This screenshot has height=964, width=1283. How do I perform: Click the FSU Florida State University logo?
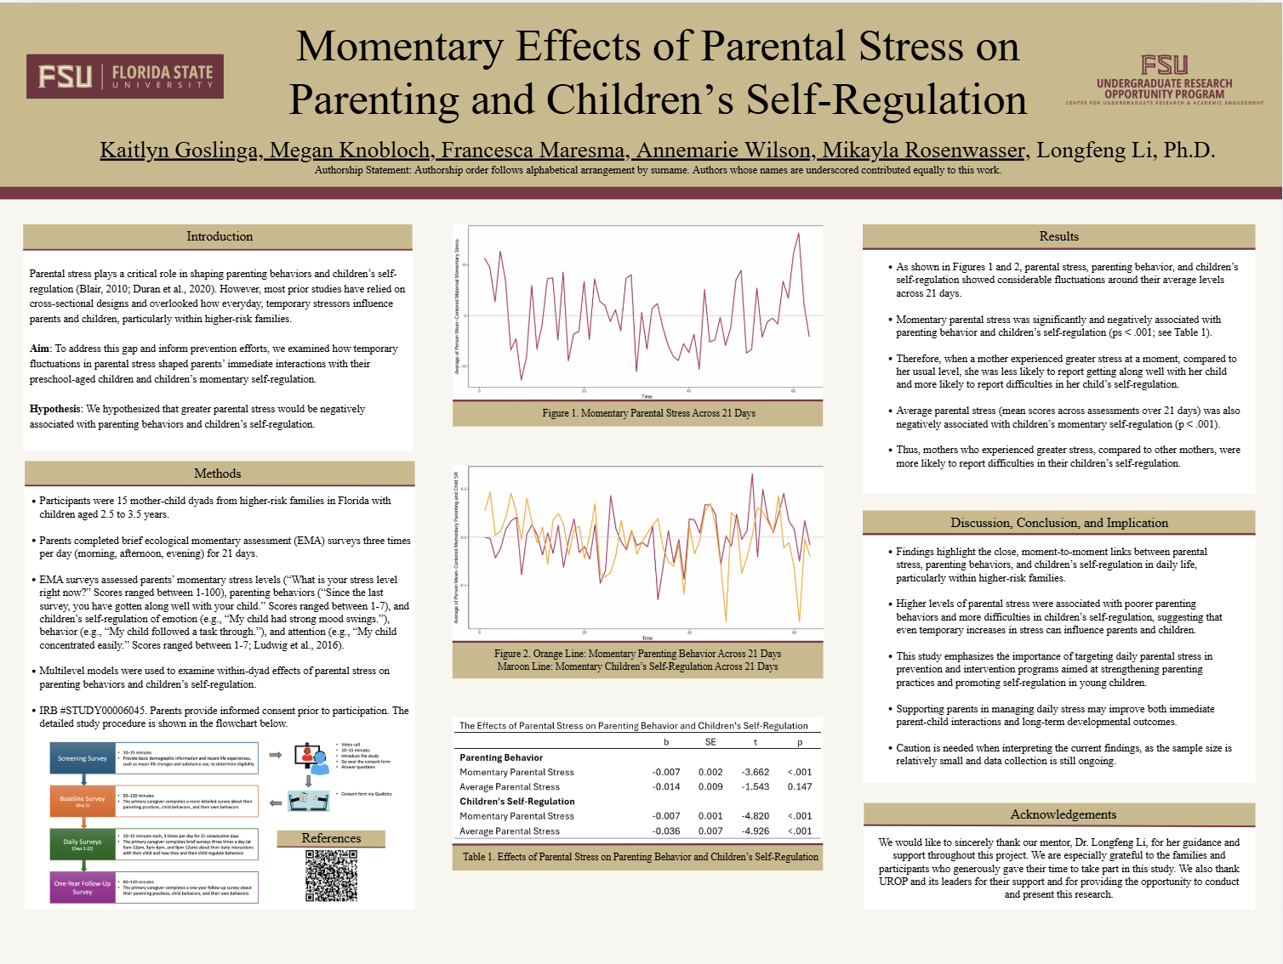point(125,77)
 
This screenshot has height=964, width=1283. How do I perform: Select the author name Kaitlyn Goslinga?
point(179,150)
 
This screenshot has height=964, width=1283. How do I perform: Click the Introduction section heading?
point(220,236)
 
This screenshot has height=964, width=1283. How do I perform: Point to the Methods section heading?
point(218,473)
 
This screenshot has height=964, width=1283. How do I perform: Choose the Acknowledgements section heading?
point(1063,814)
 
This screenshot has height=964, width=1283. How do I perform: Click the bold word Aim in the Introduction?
point(39,349)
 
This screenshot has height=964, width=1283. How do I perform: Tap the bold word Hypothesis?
point(55,409)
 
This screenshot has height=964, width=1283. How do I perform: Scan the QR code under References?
point(331,876)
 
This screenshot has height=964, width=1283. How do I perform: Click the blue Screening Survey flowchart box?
point(83,758)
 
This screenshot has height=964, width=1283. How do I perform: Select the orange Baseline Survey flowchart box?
point(83,801)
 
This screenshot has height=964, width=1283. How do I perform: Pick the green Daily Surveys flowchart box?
point(83,844)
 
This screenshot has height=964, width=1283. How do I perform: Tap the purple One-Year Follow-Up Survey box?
point(83,887)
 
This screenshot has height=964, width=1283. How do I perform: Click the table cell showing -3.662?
point(755,773)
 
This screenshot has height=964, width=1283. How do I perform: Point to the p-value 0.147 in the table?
point(799,787)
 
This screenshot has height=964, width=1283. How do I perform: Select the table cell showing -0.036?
point(666,831)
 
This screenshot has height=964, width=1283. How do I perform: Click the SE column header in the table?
point(710,742)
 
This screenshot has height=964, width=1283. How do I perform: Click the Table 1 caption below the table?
point(640,857)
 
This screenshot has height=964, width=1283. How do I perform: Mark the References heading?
point(331,838)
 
